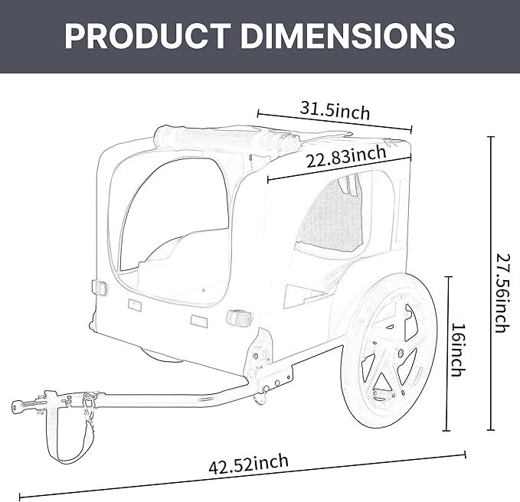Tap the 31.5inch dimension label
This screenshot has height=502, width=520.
(x=334, y=110)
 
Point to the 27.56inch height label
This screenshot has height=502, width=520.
(x=500, y=292)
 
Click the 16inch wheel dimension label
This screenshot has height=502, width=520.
(x=457, y=350)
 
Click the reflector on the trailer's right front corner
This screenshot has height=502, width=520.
(x=238, y=317)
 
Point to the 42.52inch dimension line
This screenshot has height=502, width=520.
(x=245, y=476)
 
